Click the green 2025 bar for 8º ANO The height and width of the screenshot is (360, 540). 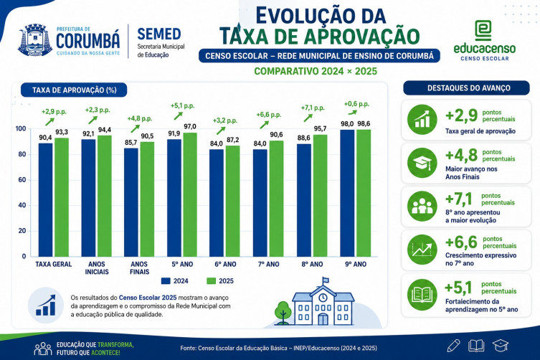(x=320, y=196)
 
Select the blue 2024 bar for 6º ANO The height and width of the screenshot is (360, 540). (x=217, y=203)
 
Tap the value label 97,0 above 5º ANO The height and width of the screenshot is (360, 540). (x=190, y=126)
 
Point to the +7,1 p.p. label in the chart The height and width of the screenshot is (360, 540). (x=313, y=108)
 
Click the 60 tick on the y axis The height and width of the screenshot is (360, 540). (x=22, y=180)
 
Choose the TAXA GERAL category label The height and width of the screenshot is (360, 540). (x=53, y=264)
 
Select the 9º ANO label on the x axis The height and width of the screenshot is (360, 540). (x=356, y=264)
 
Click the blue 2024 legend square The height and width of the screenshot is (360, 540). (x=166, y=281)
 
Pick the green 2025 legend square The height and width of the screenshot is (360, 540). (x=211, y=281)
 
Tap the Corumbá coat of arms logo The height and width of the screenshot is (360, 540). (x=35, y=40)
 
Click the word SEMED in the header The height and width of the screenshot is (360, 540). (x=159, y=34)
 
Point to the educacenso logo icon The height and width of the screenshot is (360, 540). (x=483, y=30)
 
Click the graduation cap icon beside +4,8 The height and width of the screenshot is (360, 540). (x=422, y=163)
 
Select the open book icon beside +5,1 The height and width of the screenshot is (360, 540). (x=422, y=295)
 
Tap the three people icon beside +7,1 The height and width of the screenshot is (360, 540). (x=422, y=207)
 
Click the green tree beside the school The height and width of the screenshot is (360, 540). (x=283, y=313)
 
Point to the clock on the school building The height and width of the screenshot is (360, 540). (x=323, y=297)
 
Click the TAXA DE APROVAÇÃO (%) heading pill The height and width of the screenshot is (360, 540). (x=74, y=90)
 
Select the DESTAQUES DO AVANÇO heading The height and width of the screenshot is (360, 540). (x=466, y=88)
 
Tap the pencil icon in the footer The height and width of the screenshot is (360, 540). (x=453, y=346)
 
